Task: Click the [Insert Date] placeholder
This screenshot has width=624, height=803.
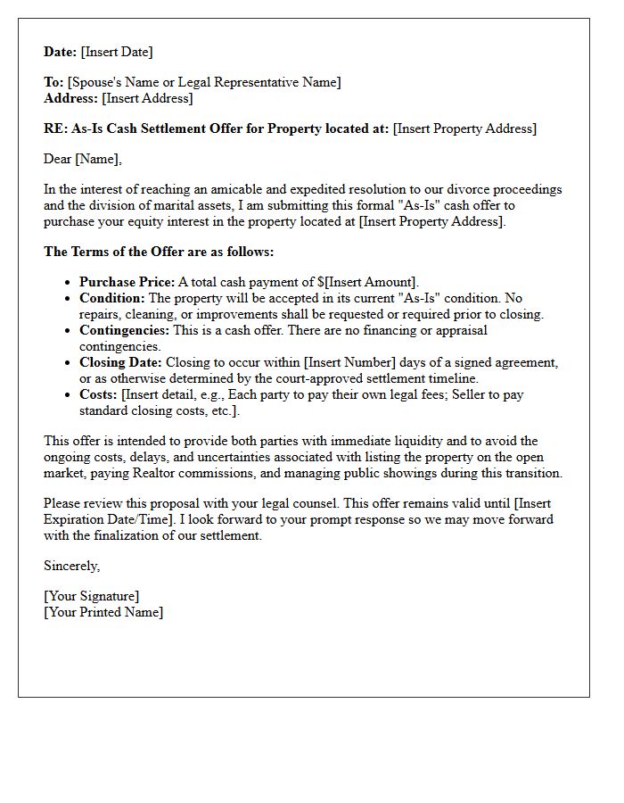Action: (117, 52)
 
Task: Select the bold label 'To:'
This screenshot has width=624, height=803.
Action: (53, 82)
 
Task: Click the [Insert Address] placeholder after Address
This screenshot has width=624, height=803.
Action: (147, 98)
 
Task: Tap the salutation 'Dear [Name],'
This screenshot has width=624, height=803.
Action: (83, 159)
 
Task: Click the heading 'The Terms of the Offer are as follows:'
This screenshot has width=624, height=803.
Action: (159, 252)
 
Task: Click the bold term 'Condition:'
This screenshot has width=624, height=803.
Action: (111, 298)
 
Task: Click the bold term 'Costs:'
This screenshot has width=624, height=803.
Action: (98, 394)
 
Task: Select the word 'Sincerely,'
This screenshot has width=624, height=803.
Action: (72, 566)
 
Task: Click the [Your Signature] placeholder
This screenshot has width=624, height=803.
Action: (91, 596)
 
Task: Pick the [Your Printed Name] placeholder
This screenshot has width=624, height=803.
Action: (103, 612)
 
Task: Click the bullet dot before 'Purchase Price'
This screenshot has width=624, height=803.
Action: (68, 283)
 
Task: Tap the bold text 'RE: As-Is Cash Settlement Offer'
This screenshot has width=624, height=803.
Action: (143, 128)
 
